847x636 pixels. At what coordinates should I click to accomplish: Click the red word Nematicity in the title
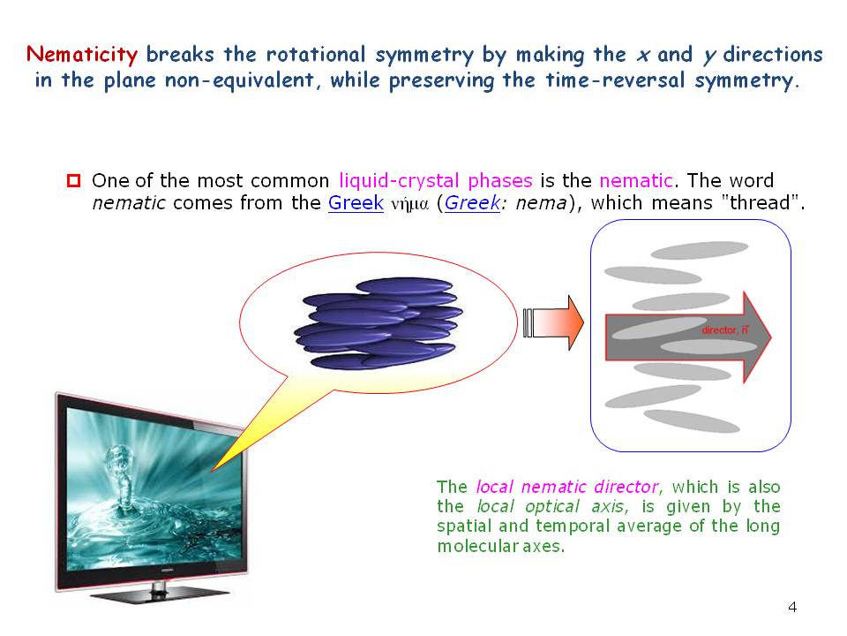(x=82, y=55)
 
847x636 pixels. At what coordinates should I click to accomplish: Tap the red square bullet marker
(x=73, y=180)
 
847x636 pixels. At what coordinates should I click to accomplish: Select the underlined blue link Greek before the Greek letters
(x=356, y=203)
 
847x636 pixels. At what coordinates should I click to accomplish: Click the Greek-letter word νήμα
(x=410, y=204)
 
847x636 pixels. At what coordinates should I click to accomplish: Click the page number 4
(x=792, y=607)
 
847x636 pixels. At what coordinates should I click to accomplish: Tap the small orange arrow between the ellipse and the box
(x=554, y=322)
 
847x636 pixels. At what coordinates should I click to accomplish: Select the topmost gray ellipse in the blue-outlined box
(x=700, y=250)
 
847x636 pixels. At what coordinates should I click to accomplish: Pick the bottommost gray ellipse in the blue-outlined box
(x=692, y=421)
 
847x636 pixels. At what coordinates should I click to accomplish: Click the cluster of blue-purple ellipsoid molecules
(x=379, y=323)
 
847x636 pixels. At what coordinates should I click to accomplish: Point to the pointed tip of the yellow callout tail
(x=213, y=470)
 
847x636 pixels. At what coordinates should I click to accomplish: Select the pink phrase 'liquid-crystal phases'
(x=436, y=180)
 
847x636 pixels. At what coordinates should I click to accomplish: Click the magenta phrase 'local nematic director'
(x=567, y=487)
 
